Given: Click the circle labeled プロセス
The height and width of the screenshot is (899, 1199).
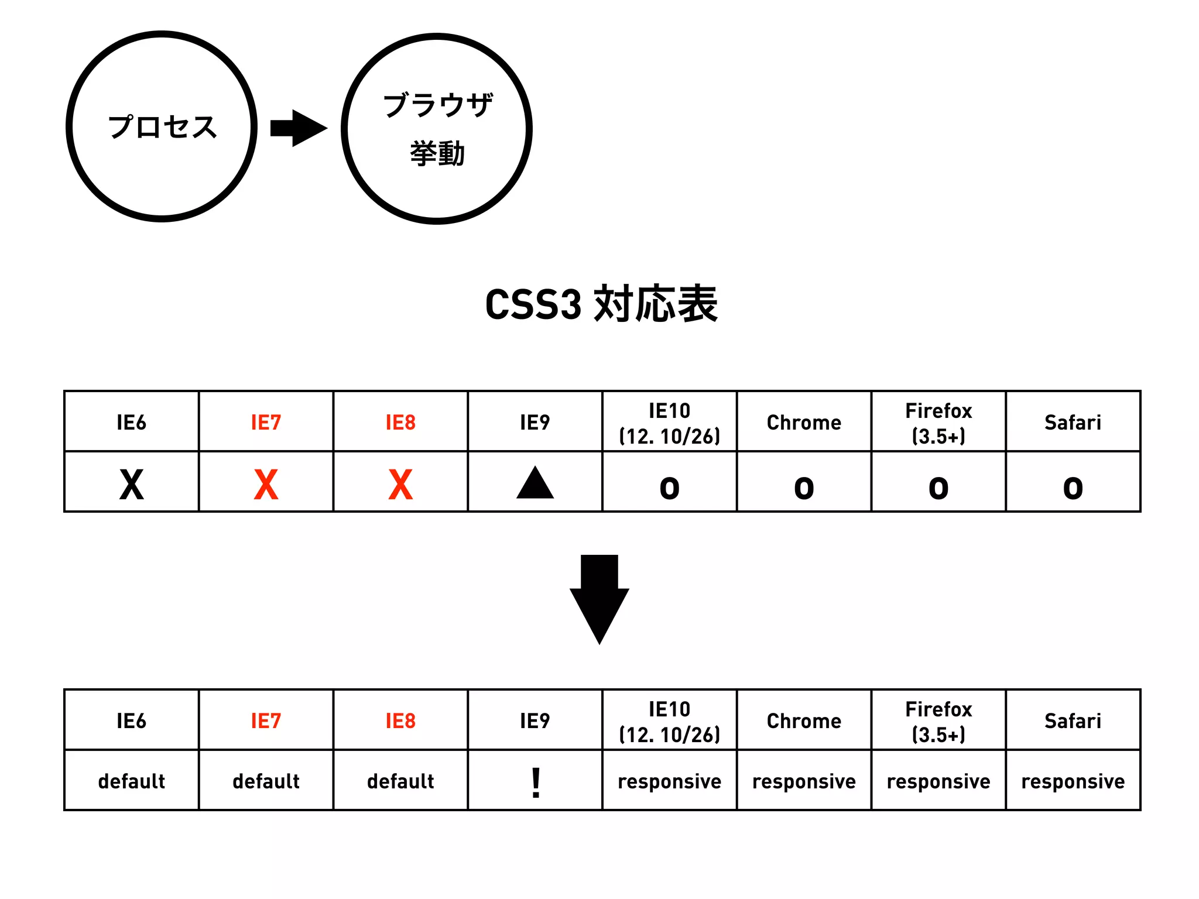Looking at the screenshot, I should tap(162, 126).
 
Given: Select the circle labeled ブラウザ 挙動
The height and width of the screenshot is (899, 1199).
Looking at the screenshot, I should tap(437, 129).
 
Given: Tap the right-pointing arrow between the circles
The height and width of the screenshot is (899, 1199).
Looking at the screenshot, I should tap(298, 128).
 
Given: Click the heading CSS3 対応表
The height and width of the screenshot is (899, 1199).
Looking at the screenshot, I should tap(601, 304).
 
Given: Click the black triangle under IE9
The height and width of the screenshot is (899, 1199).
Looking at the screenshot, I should tap(535, 483).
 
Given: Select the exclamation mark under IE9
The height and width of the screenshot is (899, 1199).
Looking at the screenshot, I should tap(536, 783).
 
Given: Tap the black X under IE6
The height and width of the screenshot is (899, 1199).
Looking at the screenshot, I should tap(132, 485).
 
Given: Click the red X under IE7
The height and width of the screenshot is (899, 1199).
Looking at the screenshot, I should tap(266, 485).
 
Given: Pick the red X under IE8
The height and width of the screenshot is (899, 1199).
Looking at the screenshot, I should tap(400, 485).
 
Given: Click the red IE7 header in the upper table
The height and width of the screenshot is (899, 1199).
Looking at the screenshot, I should tap(266, 422).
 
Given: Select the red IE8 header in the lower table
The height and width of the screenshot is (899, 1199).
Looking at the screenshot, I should tap(400, 720).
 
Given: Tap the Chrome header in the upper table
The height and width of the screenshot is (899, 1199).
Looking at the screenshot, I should tap(804, 422).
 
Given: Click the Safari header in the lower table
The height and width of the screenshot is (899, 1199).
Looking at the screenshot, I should tap(1073, 720).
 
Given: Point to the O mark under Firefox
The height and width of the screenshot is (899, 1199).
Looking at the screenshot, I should tap(938, 488).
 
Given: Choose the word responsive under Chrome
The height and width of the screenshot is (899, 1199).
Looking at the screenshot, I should tap(804, 781).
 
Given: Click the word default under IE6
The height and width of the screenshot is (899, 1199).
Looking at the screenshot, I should tap(132, 781).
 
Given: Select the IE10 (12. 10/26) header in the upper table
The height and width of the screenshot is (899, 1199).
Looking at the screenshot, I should tap(669, 423).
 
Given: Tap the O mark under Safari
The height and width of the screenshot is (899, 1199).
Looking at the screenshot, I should tap(1073, 488).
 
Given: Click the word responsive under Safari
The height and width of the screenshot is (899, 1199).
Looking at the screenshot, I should tap(1073, 781).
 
